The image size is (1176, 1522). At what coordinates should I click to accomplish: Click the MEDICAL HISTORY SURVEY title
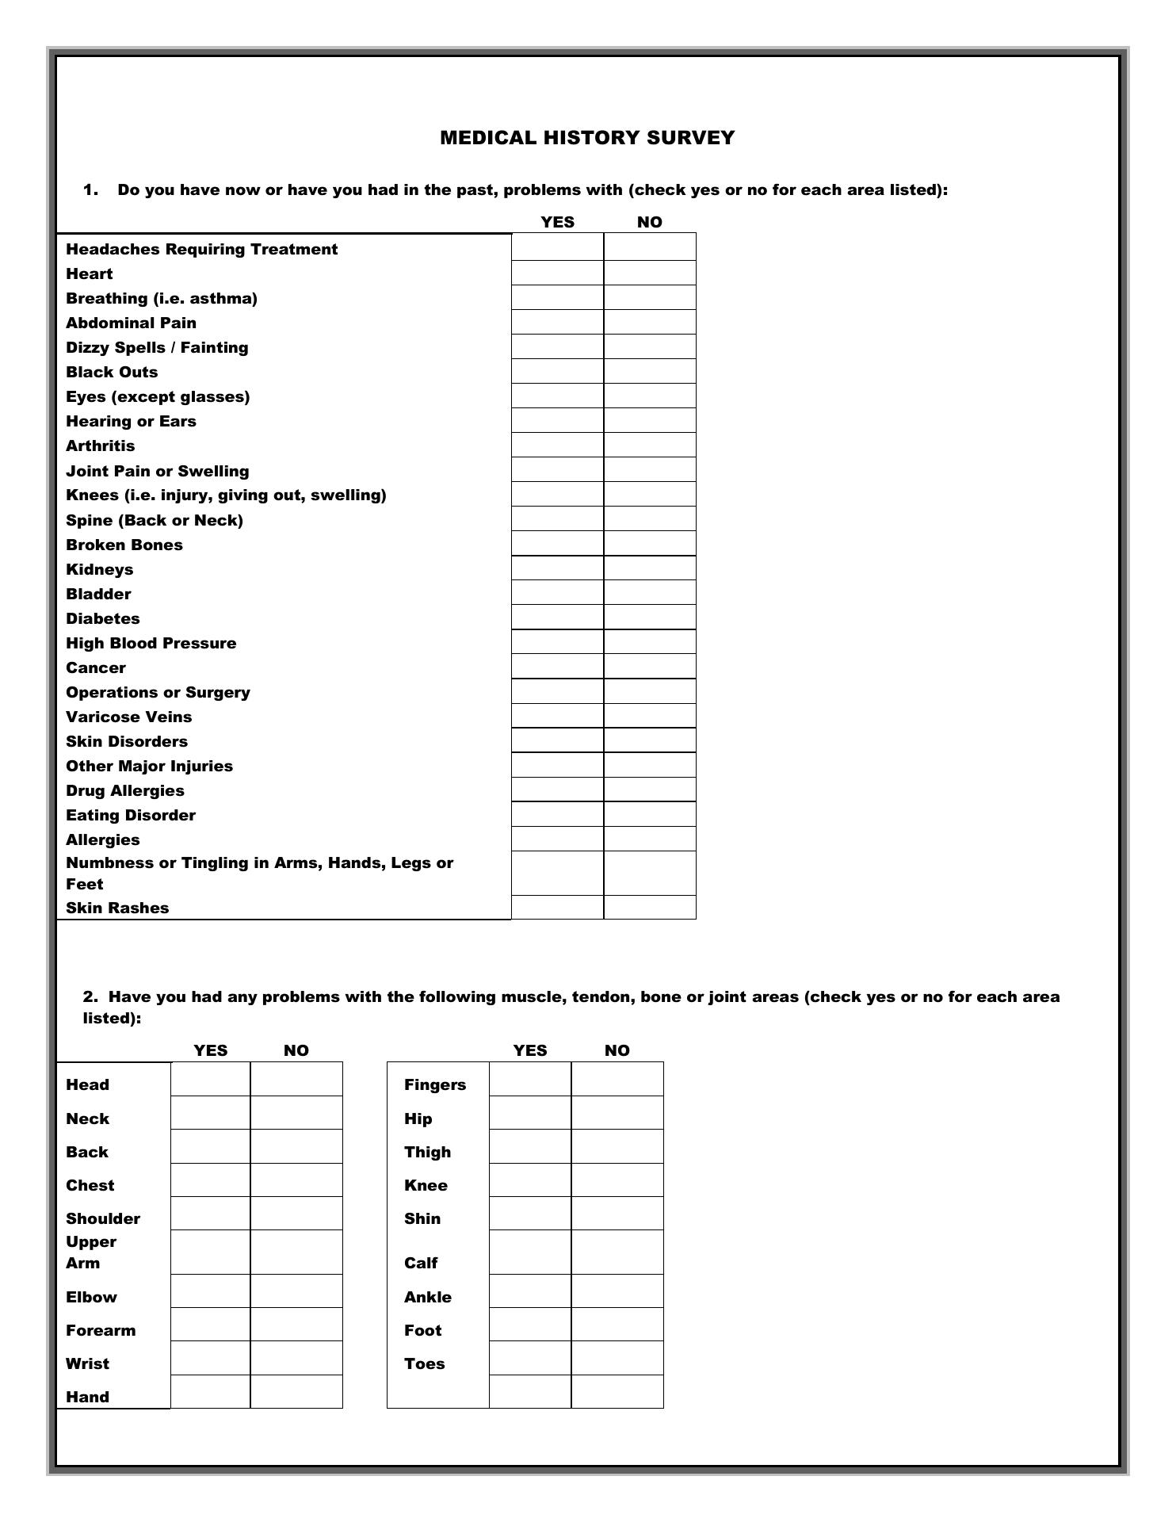click(x=587, y=138)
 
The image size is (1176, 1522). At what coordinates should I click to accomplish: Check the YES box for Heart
click(x=557, y=273)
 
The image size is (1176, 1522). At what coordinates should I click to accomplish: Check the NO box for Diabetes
click(x=650, y=618)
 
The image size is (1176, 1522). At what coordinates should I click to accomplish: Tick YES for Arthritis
click(x=557, y=446)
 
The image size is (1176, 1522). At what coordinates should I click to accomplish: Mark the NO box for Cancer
click(x=650, y=667)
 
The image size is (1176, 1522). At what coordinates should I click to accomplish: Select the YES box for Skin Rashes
click(x=557, y=908)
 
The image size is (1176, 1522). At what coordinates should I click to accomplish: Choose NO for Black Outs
click(x=650, y=372)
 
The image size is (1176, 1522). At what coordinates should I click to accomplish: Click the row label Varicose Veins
click(x=128, y=717)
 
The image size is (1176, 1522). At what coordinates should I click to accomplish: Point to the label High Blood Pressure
click(x=151, y=643)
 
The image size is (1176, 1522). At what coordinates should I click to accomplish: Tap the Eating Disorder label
click(x=130, y=815)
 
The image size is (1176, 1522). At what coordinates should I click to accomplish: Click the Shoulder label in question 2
click(x=103, y=1218)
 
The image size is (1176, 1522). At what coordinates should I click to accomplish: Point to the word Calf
click(x=421, y=1263)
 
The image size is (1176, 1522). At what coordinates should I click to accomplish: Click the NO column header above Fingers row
click(x=617, y=1050)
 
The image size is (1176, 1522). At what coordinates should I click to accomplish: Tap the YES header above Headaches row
click(x=557, y=222)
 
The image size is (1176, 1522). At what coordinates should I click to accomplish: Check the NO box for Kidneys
click(x=650, y=568)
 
